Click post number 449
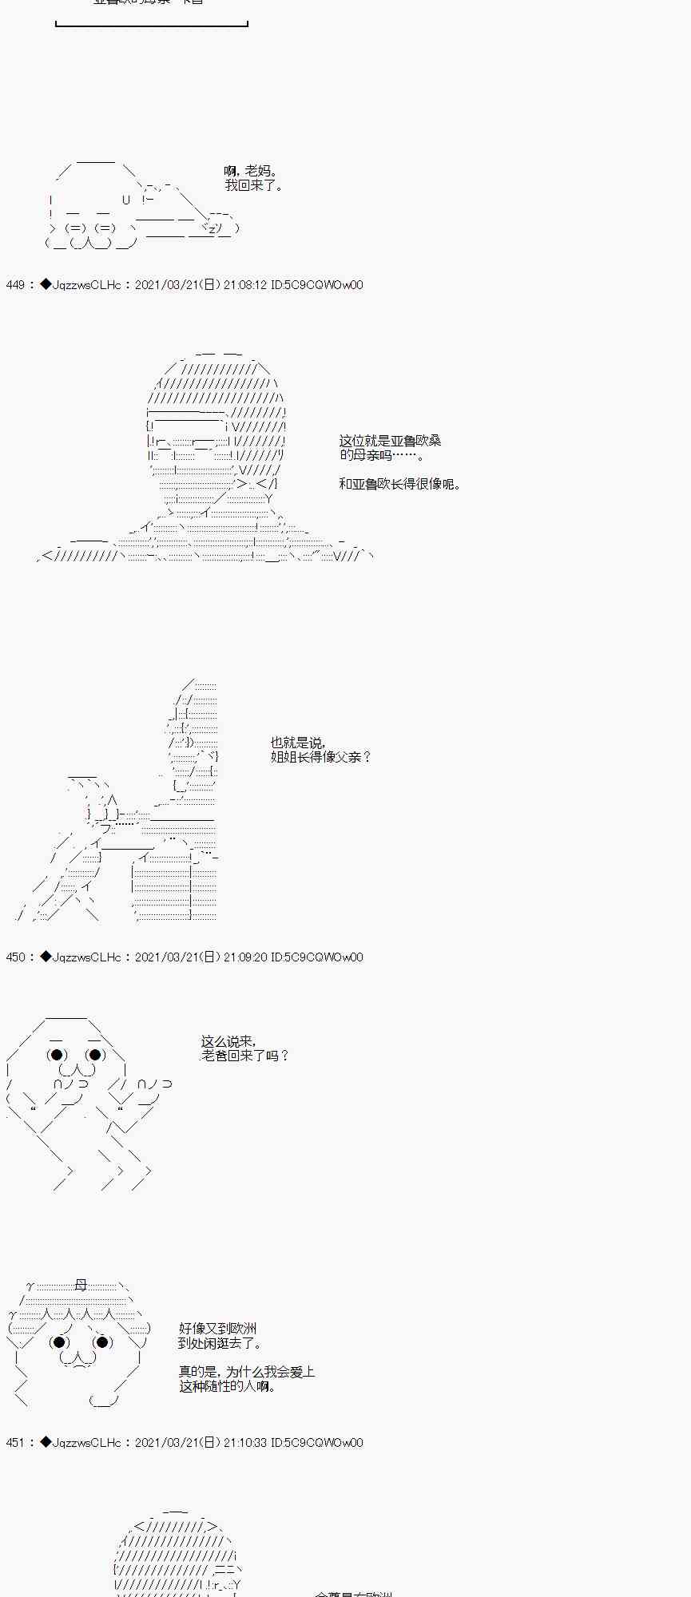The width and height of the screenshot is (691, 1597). (15, 285)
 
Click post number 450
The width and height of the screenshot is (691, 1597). (15, 957)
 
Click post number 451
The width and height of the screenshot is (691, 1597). (15, 1443)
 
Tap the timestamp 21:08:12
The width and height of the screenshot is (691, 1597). (245, 285)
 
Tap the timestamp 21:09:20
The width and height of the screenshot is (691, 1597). (245, 957)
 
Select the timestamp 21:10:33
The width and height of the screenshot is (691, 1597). (245, 1443)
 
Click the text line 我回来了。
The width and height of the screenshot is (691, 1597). (253, 185)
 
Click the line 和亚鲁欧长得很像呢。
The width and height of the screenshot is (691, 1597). (399, 484)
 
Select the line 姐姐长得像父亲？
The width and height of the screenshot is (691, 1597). (321, 757)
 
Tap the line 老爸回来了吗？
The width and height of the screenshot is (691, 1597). (245, 1056)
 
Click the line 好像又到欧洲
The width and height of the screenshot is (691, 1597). (217, 1329)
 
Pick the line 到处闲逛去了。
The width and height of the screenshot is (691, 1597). (220, 1343)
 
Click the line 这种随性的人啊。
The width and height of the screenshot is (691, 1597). (228, 1386)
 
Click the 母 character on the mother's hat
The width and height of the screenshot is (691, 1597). (81, 1286)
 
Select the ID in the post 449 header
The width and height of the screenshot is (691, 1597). (317, 285)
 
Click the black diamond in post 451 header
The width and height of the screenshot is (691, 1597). (46, 1443)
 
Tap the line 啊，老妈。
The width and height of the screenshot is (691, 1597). (251, 171)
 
